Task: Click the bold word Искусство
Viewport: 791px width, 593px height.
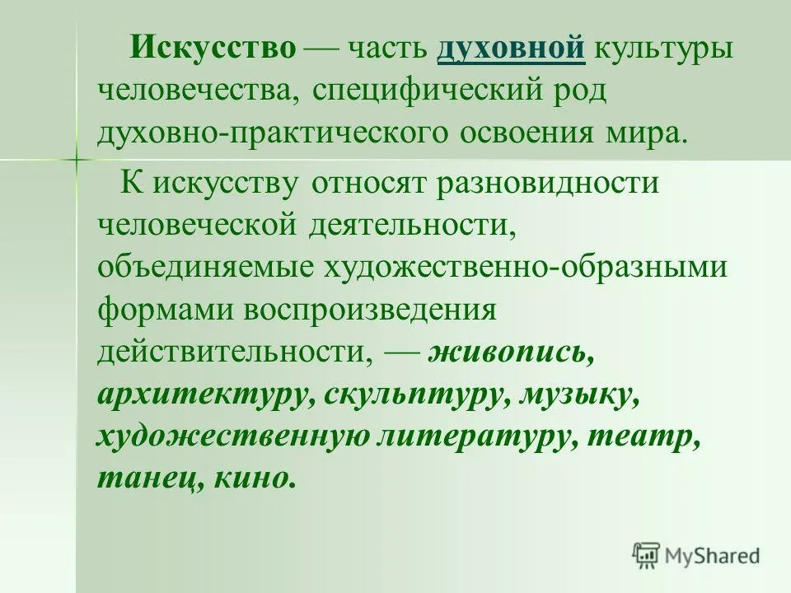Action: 213,49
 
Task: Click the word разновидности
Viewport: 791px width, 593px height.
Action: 547,183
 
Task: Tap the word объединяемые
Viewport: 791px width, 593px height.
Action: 205,267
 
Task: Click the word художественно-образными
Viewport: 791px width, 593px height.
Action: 525,267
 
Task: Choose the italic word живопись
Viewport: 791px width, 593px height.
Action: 511,353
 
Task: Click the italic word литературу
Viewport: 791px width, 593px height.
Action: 478,437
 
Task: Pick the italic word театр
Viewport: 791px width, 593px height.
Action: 644,437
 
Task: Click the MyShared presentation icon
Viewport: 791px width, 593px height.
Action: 646,556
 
